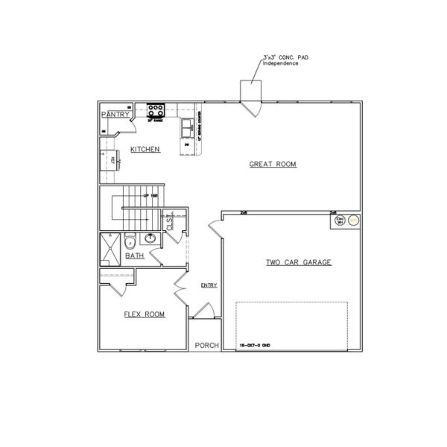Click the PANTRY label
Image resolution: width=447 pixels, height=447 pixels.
(x=115, y=114)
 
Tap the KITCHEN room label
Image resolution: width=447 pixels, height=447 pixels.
(x=146, y=150)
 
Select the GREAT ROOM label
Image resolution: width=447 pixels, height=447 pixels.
(x=273, y=165)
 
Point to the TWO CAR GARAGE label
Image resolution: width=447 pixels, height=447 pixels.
(x=298, y=262)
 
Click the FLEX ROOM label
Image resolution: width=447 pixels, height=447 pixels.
(x=143, y=314)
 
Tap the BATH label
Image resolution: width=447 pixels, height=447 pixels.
(x=135, y=256)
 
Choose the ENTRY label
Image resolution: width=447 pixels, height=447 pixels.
(x=208, y=285)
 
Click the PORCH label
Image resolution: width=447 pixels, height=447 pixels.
(x=206, y=346)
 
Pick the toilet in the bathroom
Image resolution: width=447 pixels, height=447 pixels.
(x=129, y=241)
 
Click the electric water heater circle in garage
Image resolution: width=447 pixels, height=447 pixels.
(x=354, y=220)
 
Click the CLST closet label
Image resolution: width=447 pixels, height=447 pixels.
(x=170, y=223)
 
